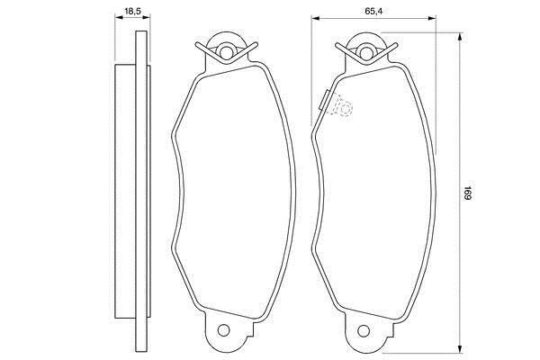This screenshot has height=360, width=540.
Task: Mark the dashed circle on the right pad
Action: point(343,109)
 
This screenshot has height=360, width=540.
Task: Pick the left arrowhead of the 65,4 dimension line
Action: point(315,21)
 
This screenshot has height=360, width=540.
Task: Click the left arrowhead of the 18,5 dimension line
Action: point(118,21)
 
